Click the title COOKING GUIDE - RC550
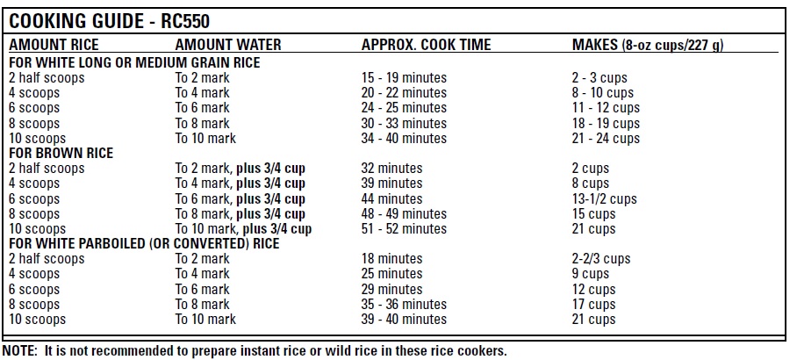pos(110,20)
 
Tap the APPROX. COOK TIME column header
pos(426,45)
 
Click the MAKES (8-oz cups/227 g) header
pos(647,45)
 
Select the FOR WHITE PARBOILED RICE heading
pos(144,243)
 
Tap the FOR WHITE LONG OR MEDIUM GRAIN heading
pos(134,62)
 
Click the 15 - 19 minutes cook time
pos(404,78)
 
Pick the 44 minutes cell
pos(391,198)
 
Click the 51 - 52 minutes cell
pos(404,229)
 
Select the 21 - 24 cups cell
pos(606,138)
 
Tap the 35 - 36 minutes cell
pos(404,305)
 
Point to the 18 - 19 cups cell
pos(606,123)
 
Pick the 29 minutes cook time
pos(391,289)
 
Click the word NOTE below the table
pos(18,350)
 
